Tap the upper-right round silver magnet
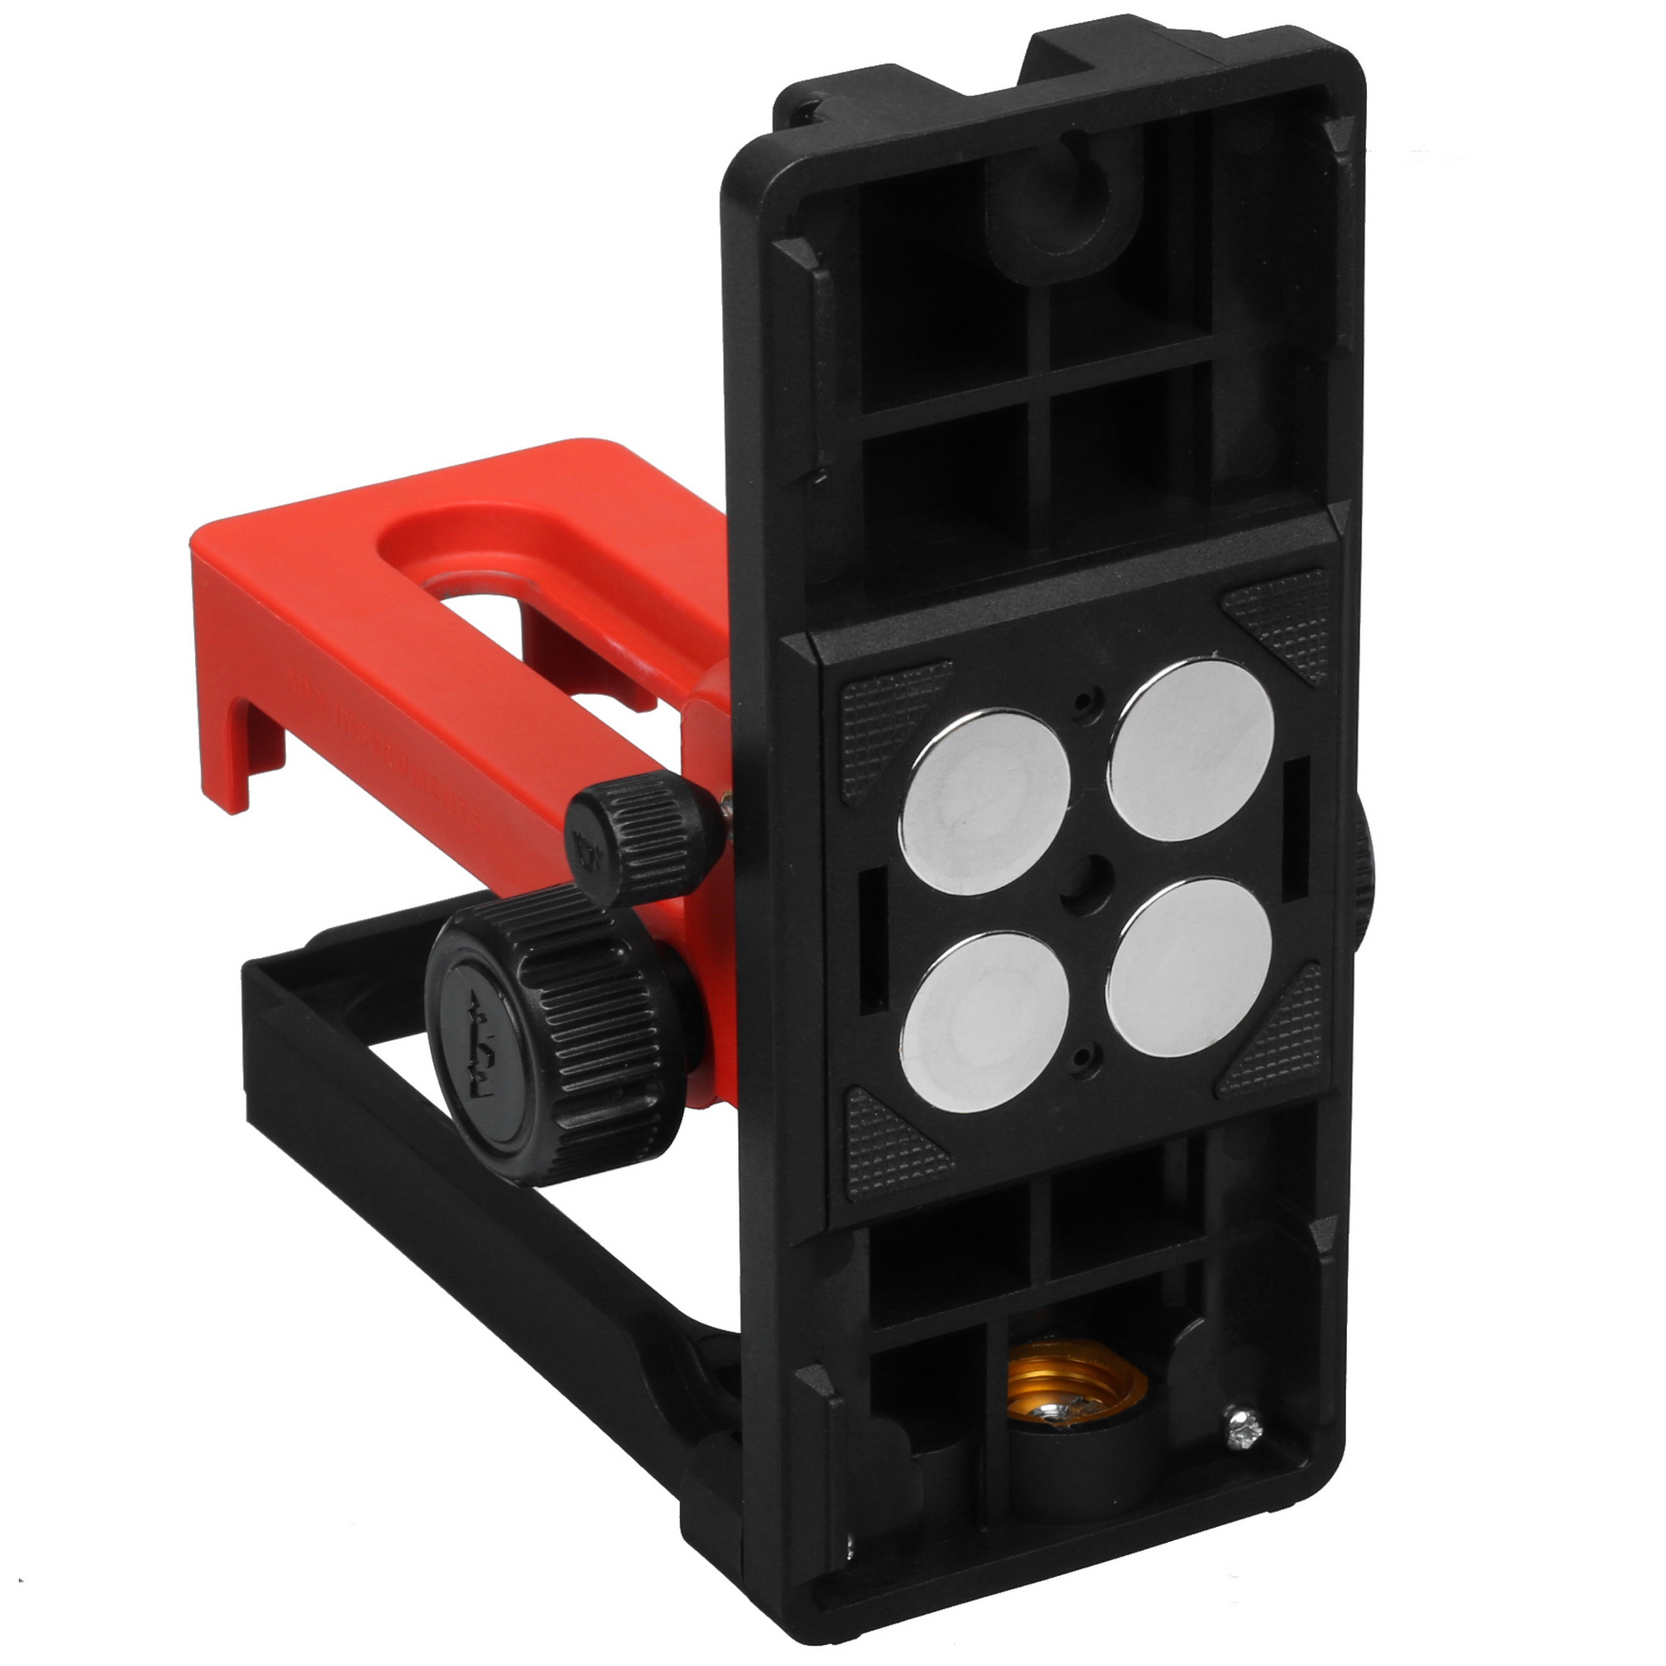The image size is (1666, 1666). click(1193, 750)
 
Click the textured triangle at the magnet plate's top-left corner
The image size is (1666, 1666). click(888, 716)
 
